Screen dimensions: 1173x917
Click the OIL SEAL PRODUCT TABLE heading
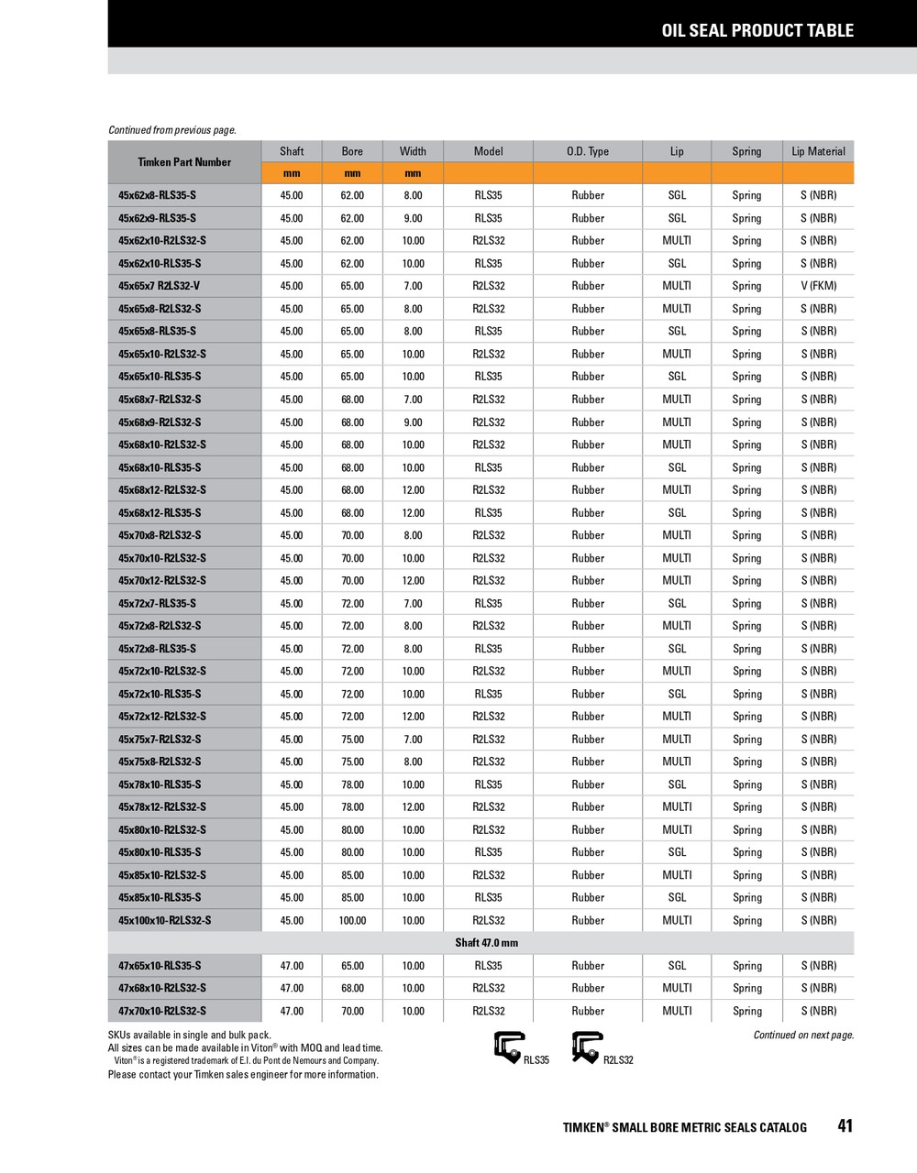coord(757,30)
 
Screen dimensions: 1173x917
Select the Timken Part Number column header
coord(184,162)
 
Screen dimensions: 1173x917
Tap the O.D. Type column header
coord(587,151)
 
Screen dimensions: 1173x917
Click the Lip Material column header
coord(818,151)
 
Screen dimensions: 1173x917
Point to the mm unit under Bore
coord(352,173)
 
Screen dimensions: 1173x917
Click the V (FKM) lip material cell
coord(818,286)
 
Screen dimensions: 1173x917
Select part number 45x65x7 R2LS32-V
coord(159,286)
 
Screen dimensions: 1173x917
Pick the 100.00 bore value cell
coord(352,920)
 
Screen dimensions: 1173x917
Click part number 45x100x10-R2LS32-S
coord(164,920)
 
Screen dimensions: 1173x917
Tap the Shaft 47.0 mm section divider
coord(486,943)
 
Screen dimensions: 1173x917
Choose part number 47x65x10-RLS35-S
coord(160,966)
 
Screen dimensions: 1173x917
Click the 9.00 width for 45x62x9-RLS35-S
coord(413,218)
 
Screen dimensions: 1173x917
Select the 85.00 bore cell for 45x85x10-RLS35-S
coord(352,898)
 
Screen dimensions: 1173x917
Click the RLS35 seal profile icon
coord(509,1047)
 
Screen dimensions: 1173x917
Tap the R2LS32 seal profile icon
coord(587,1047)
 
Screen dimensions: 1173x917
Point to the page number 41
coord(845,1126)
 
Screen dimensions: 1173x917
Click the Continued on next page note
coord(803,1036)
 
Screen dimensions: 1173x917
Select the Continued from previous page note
coord(172,130)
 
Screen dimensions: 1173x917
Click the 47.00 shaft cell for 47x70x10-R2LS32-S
coord(292,1011)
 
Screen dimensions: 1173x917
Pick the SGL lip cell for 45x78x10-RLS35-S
coord(677,784)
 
